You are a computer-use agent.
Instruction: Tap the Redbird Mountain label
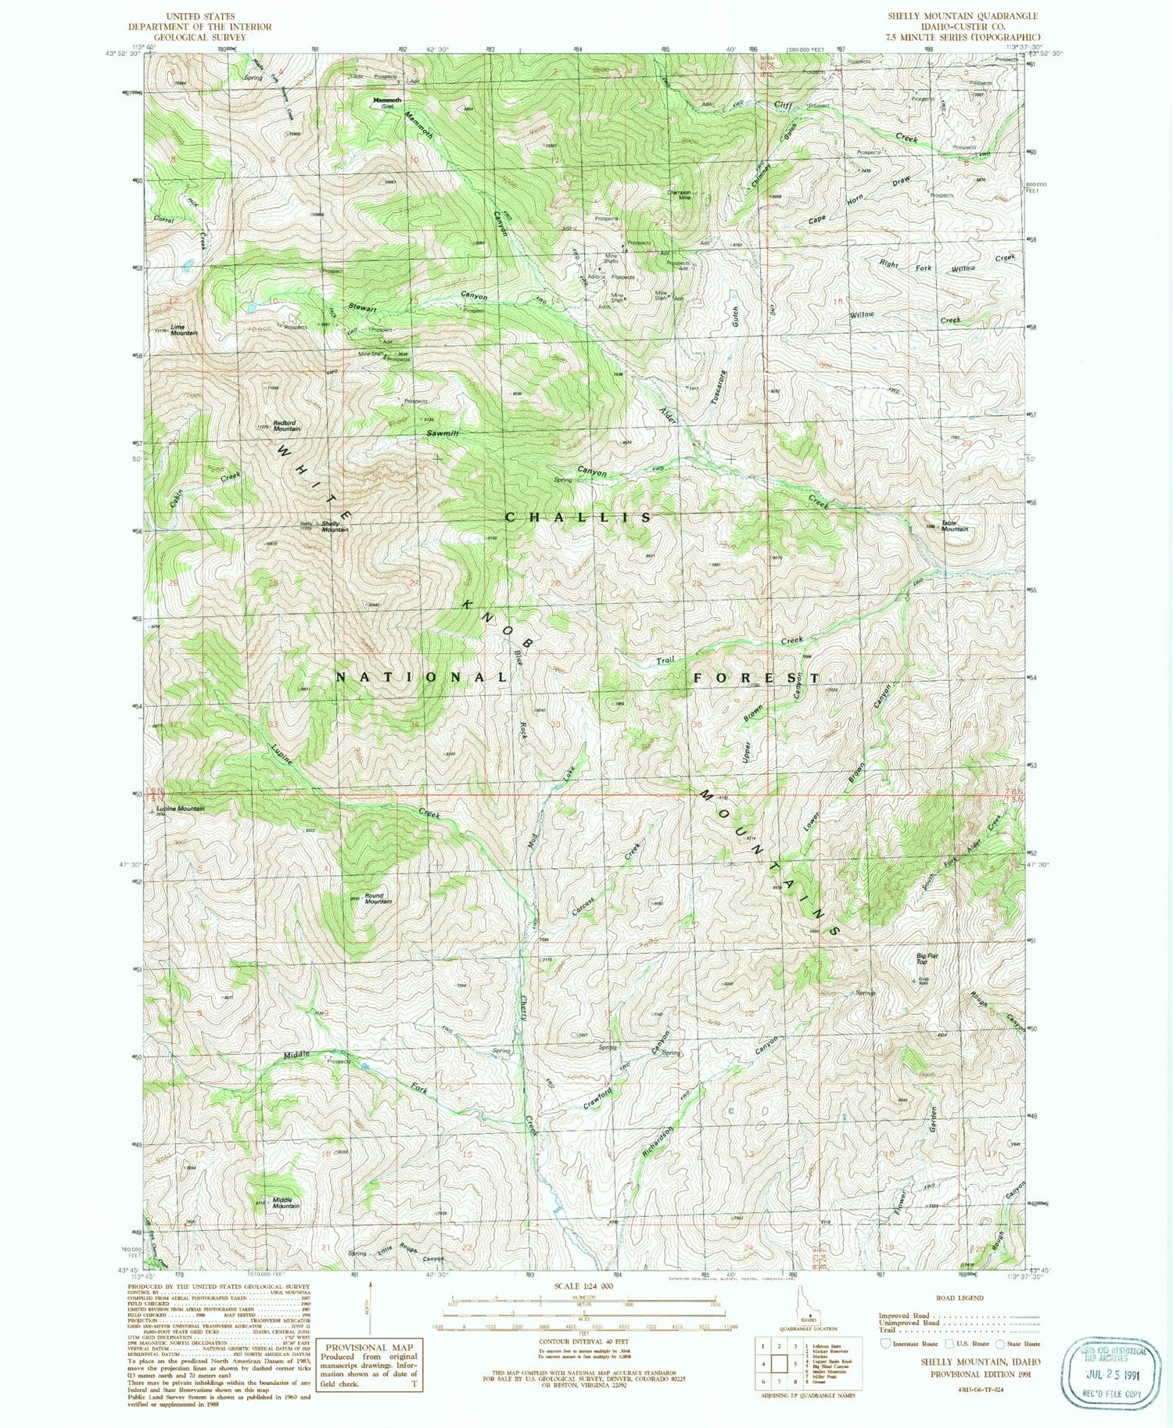click(287, 426)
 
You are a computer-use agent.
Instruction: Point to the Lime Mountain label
click(184, 330)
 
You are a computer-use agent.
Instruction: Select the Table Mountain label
click(954, 526)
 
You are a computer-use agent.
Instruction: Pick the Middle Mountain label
click(285, 1203)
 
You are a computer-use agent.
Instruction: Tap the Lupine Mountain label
click(181, 809)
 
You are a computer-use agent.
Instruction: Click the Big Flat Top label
click(927, 959)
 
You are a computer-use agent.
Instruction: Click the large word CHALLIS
click(579, 518)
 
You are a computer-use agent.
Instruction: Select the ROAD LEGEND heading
click(959, 1297)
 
